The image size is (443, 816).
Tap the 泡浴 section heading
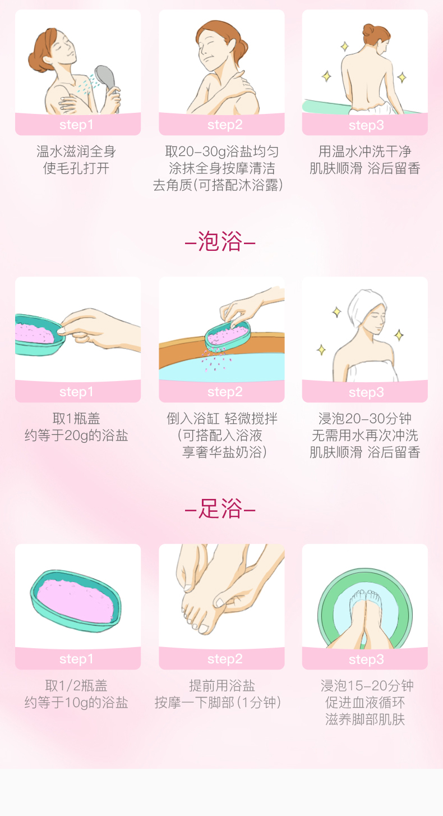point(220,241)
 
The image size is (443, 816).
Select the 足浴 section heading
point(220,508)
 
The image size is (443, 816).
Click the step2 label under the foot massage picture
point(225,659)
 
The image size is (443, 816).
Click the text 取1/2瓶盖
point(76,686)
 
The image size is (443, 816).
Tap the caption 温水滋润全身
point(76,151)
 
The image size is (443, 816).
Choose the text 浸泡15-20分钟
point(367,686)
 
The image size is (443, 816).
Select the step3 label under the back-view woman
point(366,125)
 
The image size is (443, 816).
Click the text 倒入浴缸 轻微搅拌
point(222,419)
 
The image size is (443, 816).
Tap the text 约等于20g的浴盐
point(76,435)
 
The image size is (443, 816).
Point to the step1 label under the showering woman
point(76,125)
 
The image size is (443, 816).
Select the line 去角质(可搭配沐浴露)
point(218,185)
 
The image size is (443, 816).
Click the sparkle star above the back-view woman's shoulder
point(344,47)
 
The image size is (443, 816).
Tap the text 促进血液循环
point(365,702)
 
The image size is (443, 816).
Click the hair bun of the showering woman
point(36,62)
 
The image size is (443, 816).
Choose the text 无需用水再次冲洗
point(365,435)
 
